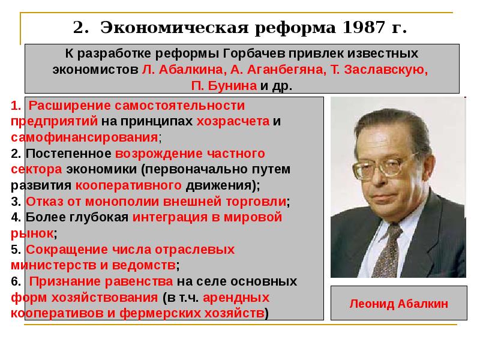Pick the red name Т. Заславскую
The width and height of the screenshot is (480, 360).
379,69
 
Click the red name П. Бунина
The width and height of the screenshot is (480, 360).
224,85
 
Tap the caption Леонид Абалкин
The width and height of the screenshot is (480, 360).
398,304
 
